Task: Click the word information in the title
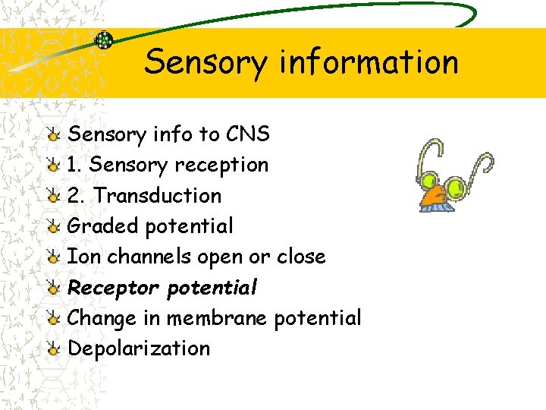click(x=369, y=61)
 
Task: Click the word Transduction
click(x=158, y=195)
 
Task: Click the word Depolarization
click(x=139, y=348)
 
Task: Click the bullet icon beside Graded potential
click(x=52, y=226)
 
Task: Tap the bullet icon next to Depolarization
click(x=52, y=349)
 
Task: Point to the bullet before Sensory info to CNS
click(x=52, y=135)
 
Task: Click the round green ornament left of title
click(x=103, y=41)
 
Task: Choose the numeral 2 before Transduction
click(x=74, y=195)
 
